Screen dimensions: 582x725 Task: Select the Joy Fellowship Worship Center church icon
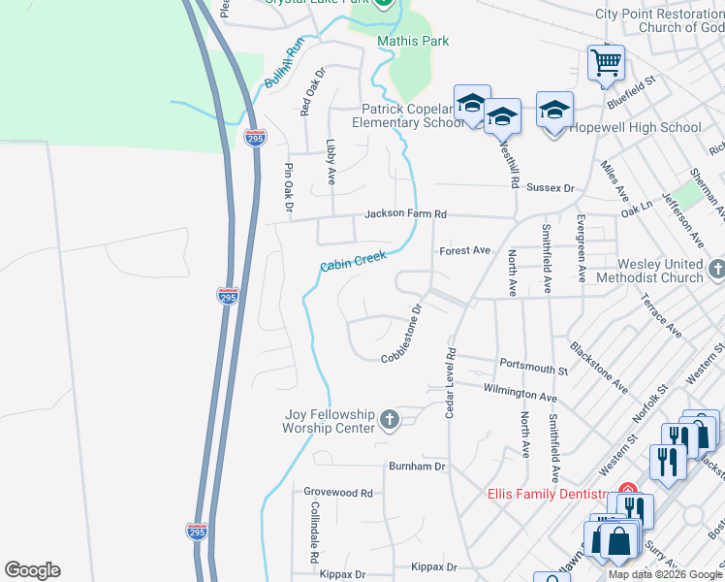tap(389, 419)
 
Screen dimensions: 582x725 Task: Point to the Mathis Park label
tap(414, 42)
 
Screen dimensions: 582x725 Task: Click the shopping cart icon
tap(606, 63)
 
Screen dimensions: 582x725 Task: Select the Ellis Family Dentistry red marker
tap(627, 492)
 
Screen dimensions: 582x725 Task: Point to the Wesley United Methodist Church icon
tap(716, 269)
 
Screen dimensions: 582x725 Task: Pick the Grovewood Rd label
tap(338, 493)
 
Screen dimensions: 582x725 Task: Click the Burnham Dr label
tap(417, 467)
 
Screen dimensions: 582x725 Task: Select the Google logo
tap(32, 570)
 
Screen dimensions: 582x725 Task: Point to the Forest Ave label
tap(465, 250)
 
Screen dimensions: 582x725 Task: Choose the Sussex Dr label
tap(554, 189)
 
